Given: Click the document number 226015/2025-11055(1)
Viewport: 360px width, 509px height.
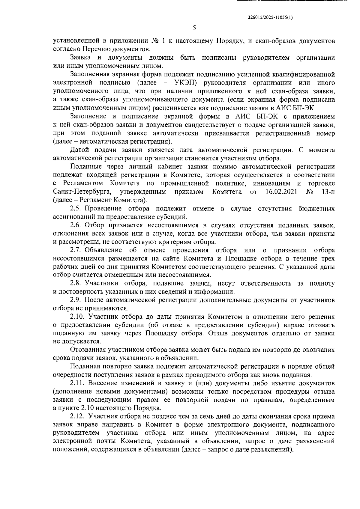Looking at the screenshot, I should click(x=269, y=17).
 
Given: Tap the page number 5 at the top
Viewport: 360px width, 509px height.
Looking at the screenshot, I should click(x=194, y=28).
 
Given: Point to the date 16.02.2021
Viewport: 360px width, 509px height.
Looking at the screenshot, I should click(x=281, y=192).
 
